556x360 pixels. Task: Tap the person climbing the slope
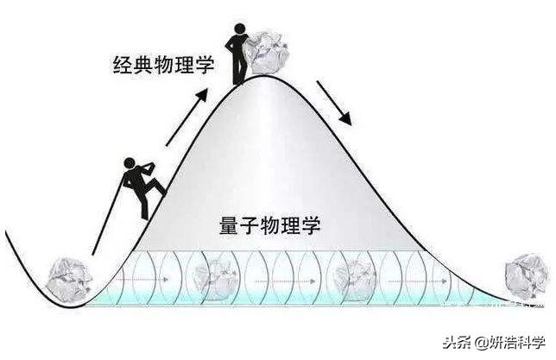[x=141, y=186]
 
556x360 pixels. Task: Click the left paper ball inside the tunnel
[x=211, y=276]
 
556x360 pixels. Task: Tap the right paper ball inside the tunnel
[x=349, y=277]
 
